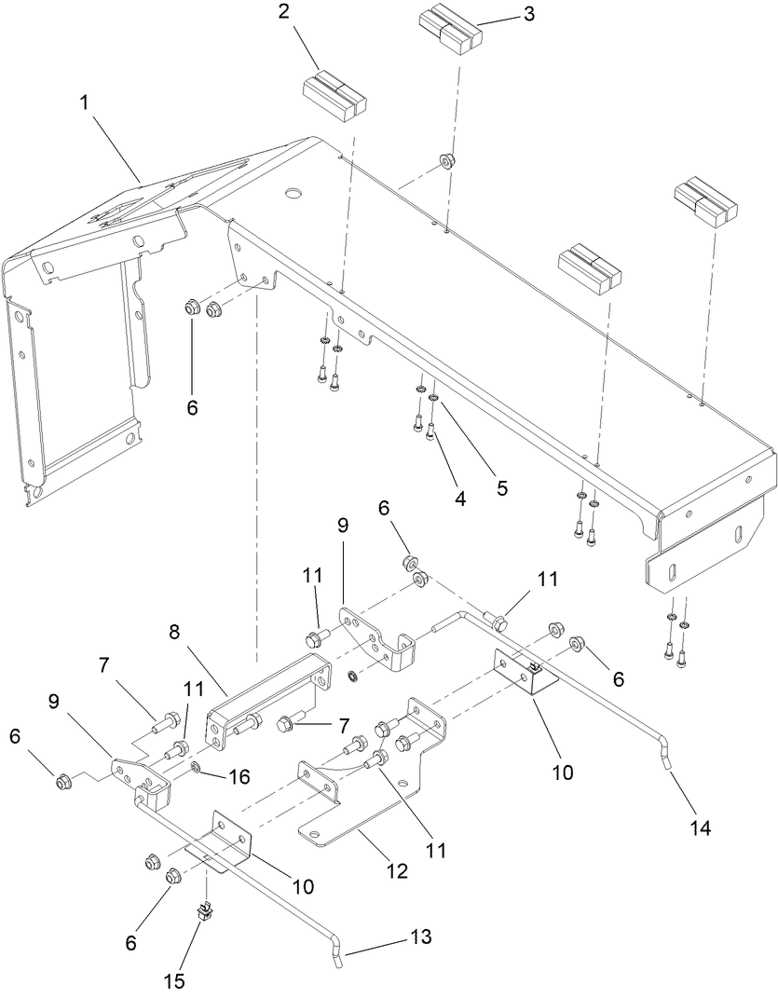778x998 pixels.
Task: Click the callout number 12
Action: pyautogui.click(x=397, y=870)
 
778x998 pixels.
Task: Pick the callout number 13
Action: pyautogui.click(x=422, y=936)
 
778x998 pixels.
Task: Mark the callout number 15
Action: pyautogui.click(x=175, y=980)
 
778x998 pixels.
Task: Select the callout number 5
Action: pyautogui.click(x=501, y=486)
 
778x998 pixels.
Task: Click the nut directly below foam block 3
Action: pyautogui.click(x=446, y=159)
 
